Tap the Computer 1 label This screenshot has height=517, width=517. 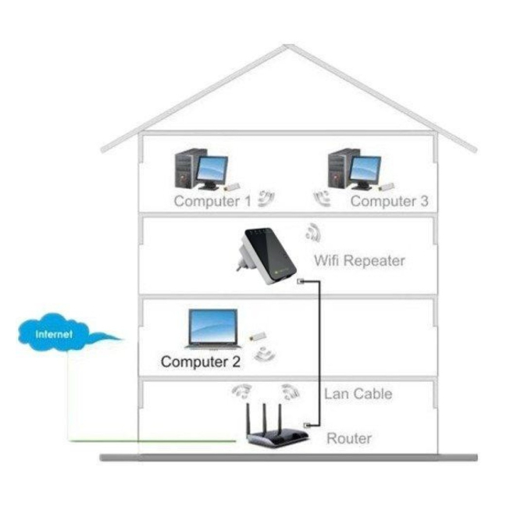click(212, 201)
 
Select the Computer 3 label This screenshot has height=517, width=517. click(389, 201)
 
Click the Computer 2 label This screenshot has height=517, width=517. click(201, 362)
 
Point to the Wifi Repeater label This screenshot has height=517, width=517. click(359, 260)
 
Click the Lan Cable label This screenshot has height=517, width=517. click(358, 394)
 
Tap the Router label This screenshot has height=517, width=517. click(349, 438)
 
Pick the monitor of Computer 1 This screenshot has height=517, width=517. click(211, 169)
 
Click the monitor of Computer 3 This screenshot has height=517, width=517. click(365, 169)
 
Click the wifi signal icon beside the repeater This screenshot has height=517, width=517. click(313, 233)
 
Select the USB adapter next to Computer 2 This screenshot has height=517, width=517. click(255, 337)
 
